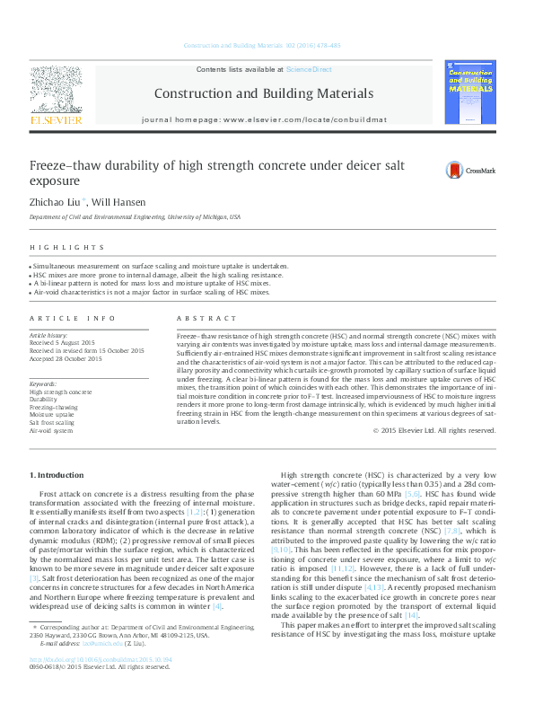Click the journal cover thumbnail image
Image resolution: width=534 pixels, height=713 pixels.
point(470,93)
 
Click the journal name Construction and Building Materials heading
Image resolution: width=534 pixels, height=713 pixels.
point(263,93)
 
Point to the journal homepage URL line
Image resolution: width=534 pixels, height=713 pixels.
point(263,119)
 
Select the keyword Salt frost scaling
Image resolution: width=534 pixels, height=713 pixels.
point(52,422)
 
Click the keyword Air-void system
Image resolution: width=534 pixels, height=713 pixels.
point(51,430)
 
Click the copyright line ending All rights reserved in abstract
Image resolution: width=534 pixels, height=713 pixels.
point(433,430)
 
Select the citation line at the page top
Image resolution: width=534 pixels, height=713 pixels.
point(261,45)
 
